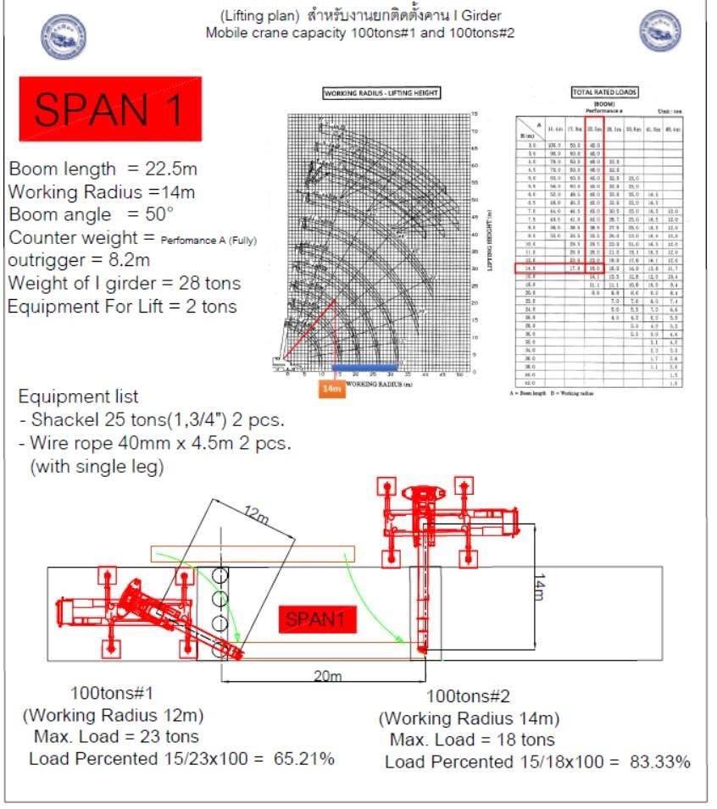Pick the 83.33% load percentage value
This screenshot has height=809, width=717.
[659, 762]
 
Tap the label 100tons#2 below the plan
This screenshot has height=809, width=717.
[468, 697]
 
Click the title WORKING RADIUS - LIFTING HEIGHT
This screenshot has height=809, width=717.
[382, 93]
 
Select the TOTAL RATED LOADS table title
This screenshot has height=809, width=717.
[605, 91]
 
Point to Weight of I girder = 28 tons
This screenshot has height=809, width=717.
[125, 283]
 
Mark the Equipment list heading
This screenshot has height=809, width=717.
[78, 396]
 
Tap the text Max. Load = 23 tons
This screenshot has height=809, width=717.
[117, 736]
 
